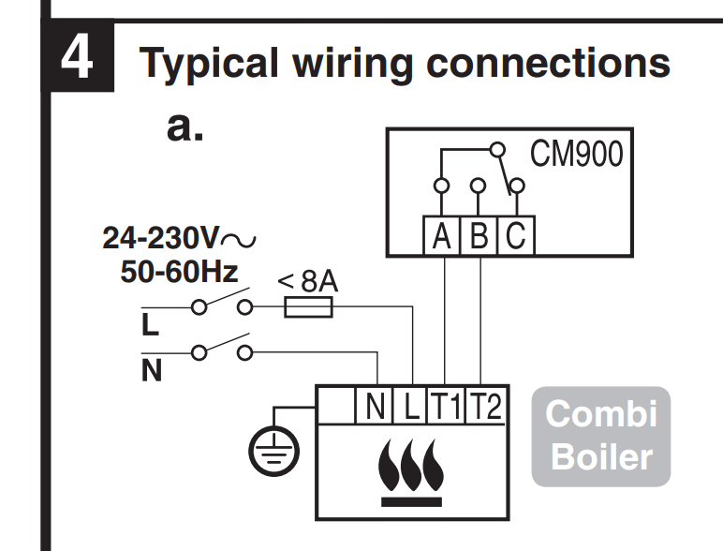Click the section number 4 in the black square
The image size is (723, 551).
78,58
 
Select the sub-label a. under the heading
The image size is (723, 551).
184,127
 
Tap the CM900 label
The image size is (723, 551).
575,154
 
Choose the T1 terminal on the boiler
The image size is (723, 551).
446,407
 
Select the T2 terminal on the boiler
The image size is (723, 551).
484,407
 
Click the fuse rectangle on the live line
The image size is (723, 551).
308,307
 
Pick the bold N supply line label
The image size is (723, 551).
151,372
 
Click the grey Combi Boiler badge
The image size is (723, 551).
600,436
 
